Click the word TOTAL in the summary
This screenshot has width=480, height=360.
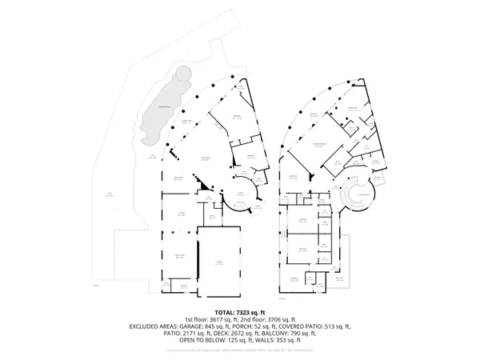pos(224,312)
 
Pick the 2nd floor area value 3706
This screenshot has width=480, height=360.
pos(272,319)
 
